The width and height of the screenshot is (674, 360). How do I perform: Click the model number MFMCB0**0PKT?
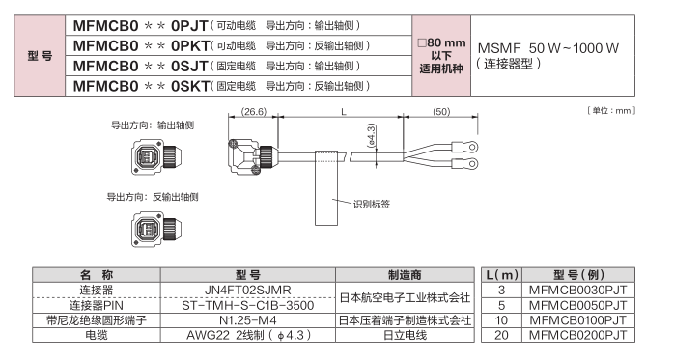pos(141,45)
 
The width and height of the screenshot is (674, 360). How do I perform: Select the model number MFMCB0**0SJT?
pos(141,66)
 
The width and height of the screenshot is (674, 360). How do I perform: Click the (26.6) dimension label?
pos(254,112)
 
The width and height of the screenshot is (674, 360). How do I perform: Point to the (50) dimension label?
pos(441,112)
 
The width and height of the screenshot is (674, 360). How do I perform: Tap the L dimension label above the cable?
pos(344,112)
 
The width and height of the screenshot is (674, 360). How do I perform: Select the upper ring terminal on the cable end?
pos(464,148)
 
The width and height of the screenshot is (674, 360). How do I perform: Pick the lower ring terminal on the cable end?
pos(464,164)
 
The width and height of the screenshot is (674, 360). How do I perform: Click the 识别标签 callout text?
pos(372,204)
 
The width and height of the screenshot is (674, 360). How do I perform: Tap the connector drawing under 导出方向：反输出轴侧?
pos(156,229)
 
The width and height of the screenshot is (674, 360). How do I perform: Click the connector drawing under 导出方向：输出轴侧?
pos(156,156)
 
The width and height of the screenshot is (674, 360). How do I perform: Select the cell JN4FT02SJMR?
pos(247,290)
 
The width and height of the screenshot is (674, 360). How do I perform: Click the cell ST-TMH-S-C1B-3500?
pos(247,305)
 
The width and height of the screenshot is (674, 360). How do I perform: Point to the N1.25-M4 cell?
pos(247,320)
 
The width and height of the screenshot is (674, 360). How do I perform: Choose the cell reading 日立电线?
pos(405,335)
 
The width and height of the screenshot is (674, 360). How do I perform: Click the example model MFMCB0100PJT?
pos(577,320)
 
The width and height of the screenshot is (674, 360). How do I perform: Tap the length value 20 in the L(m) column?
pos(501,335)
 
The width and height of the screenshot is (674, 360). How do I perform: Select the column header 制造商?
pos(405,275)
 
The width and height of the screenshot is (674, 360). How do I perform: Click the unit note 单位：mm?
pos(611,111)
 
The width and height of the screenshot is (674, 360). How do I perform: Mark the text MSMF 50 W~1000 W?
pos(548,48)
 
